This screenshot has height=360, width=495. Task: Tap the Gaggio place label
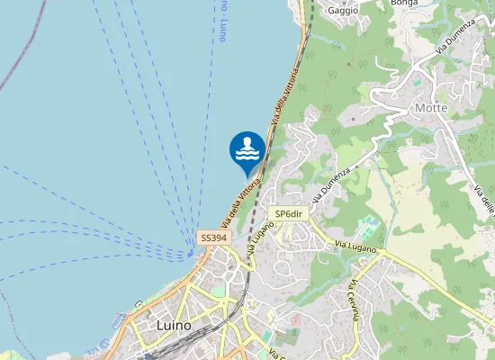[343, 11]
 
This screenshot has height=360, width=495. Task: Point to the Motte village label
[431, 108]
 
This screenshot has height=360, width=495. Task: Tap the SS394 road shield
[214, 238]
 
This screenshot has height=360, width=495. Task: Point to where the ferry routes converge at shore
[194, 253]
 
